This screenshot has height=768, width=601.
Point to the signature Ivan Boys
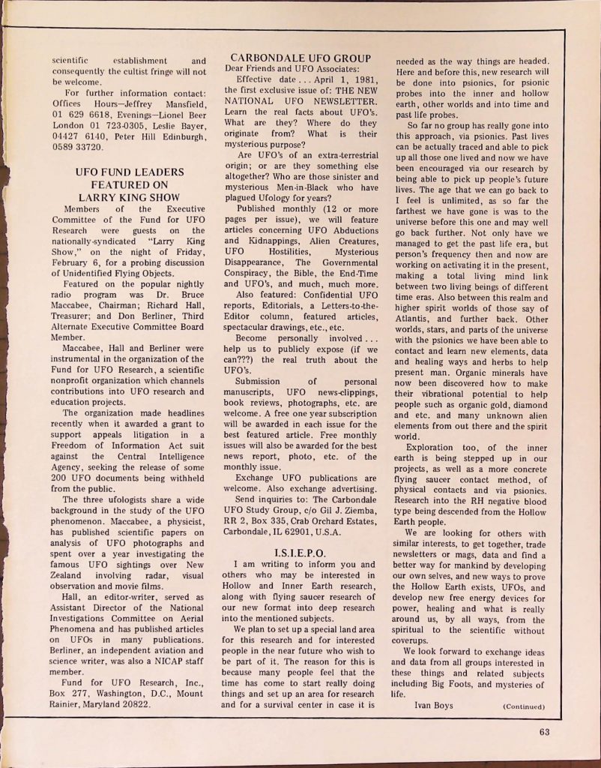click(433, 705)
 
